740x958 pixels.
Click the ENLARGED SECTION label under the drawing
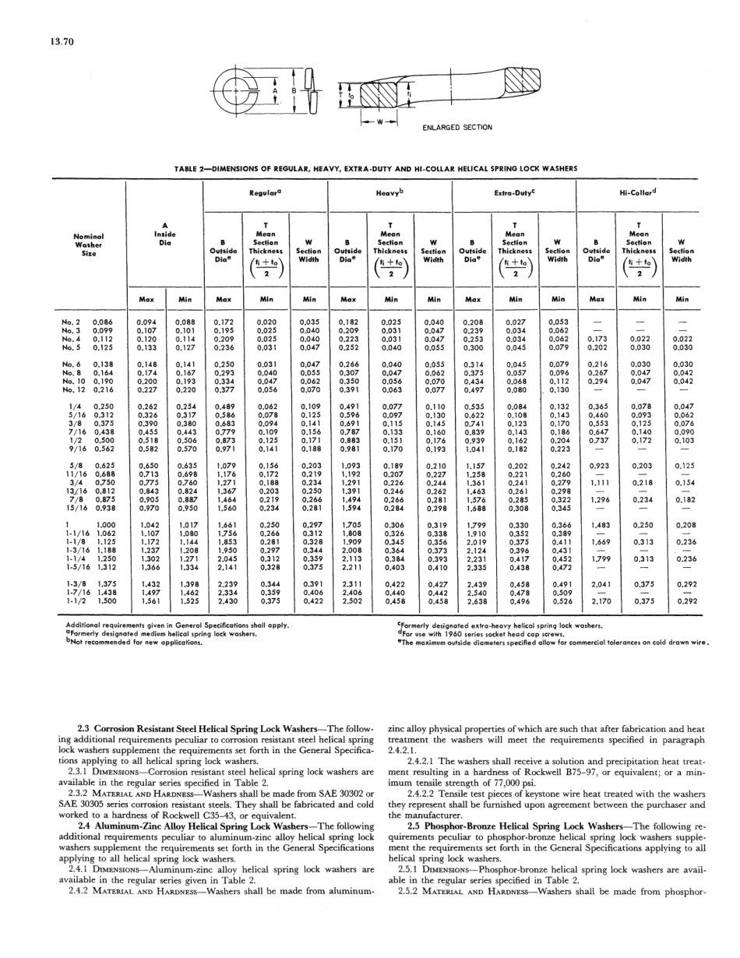456,128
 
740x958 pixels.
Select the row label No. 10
73,382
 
